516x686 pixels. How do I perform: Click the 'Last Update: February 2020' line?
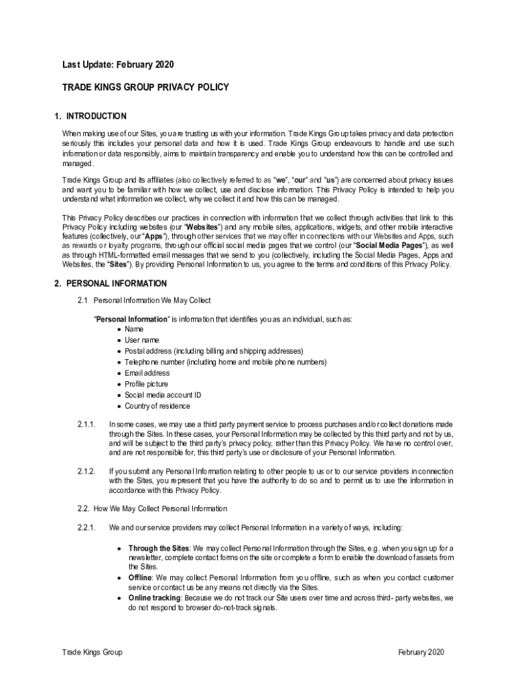118,65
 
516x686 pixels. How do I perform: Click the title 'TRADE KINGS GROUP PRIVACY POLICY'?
145,87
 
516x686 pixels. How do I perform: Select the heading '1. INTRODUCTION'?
90,117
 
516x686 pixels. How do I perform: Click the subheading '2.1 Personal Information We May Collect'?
153,300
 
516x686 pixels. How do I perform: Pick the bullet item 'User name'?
141,340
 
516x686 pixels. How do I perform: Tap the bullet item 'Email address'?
147,373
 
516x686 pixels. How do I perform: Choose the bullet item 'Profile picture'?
146,384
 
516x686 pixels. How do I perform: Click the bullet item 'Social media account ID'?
162,395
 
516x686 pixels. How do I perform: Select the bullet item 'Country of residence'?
157,406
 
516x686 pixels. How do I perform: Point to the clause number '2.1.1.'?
87,425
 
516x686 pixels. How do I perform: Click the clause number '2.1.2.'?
87,471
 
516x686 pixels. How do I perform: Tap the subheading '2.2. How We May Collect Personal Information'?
152,509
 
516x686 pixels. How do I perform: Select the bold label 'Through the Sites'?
159,548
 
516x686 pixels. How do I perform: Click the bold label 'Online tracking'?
154,597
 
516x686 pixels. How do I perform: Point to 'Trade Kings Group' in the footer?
92,653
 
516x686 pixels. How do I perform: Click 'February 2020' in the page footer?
421,653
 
